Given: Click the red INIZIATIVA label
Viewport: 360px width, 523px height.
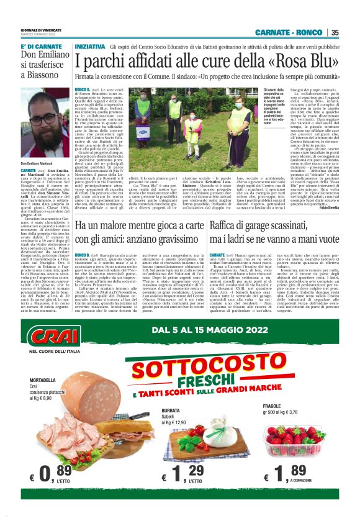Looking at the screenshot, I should tap(89, 47).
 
